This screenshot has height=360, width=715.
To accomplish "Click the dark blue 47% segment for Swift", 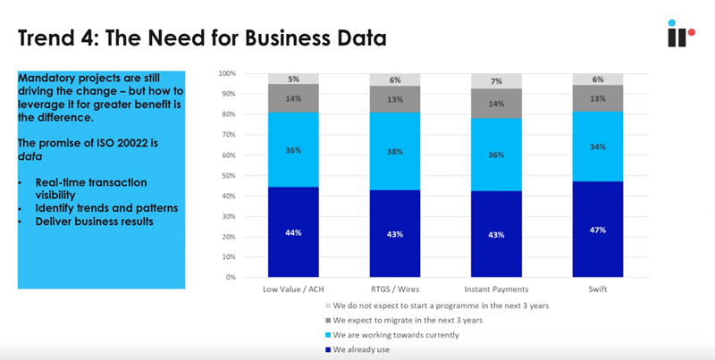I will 598,230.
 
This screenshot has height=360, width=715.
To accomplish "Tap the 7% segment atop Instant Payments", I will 496,81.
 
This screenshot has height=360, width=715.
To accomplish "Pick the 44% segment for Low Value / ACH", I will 294,232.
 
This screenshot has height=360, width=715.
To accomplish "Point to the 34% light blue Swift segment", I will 598,147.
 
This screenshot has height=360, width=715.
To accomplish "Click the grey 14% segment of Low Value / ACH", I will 294,98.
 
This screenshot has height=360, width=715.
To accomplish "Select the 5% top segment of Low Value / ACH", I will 294,79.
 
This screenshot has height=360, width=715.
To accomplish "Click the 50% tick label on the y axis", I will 228,175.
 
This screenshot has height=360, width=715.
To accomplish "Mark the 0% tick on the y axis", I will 230,277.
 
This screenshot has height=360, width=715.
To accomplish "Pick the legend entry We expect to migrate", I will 403,320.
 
